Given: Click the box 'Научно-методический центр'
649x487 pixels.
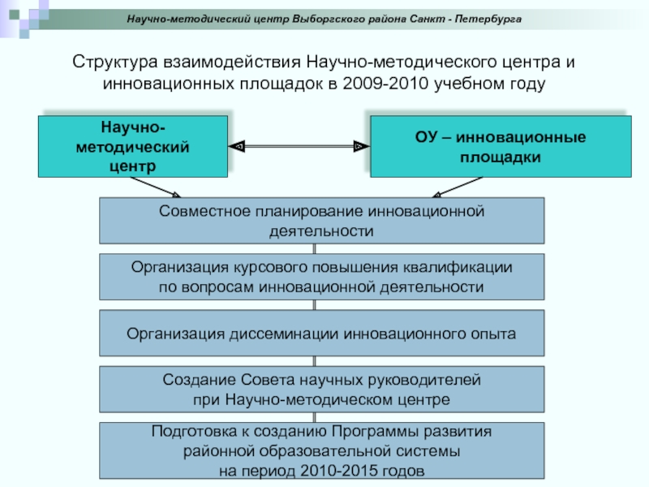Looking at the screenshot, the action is coord(132,146).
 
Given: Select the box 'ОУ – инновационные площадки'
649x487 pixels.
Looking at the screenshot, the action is coord(501,146).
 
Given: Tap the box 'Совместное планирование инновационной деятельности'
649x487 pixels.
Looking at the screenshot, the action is coord(321,221).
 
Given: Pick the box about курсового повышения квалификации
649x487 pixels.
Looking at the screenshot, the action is coord(321,277).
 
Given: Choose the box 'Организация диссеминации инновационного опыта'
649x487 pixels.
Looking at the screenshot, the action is coord(321,333).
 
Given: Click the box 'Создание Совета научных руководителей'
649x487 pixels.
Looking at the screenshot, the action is coord(321,390).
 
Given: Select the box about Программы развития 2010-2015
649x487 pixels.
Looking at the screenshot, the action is coord(321,450).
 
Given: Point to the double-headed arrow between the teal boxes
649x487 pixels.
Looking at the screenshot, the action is coord(299,146).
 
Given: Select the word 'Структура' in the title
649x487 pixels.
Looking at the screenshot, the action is coord(113,63).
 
